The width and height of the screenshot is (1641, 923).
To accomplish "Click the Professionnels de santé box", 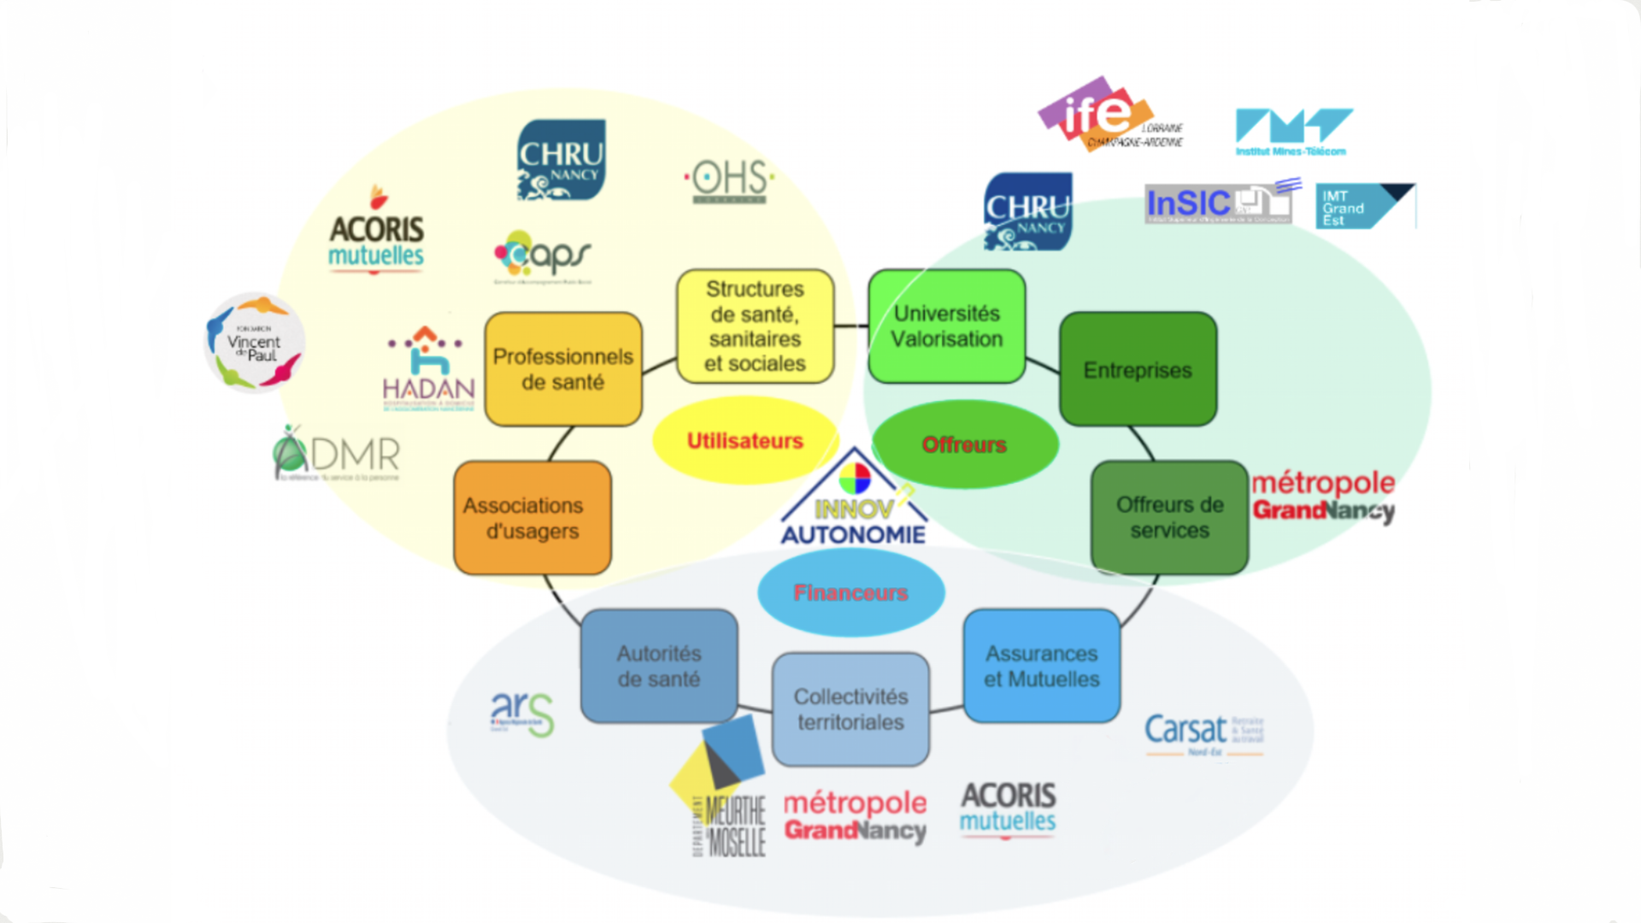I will tap(563, 369).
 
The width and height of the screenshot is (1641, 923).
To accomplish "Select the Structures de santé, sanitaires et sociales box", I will tap(755, 326).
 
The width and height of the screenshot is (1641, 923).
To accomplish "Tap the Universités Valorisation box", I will tap(946, 326).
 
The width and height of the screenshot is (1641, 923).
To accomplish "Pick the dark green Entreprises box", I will tap(1138, 369).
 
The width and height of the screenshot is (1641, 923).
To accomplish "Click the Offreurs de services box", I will tap(1169, 517).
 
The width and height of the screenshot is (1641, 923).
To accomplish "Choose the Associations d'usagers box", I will tap(532, 518).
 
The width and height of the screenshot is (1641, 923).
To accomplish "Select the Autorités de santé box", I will tap(658, 666).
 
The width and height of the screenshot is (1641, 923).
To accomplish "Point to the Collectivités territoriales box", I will tap(850, 709).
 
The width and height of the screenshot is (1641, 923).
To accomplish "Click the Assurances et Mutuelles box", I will tap(1041, 666).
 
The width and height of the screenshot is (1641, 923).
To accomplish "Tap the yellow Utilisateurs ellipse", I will tap(744, 441).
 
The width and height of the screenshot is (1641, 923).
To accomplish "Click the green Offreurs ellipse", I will tap(964, 444).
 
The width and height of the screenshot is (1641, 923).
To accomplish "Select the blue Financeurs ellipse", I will tap(850, 592).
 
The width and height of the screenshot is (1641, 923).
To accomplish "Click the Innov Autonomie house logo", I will tap(854, 500).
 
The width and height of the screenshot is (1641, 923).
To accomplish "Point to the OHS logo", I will tap(730, 180).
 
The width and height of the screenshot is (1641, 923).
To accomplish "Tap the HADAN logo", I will tap(428, 369).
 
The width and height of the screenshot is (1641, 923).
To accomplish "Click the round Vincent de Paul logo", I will tap(255, 343).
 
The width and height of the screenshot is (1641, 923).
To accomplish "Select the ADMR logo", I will tap(337, 454).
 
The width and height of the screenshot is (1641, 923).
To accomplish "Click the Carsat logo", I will tap(1203, 733).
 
